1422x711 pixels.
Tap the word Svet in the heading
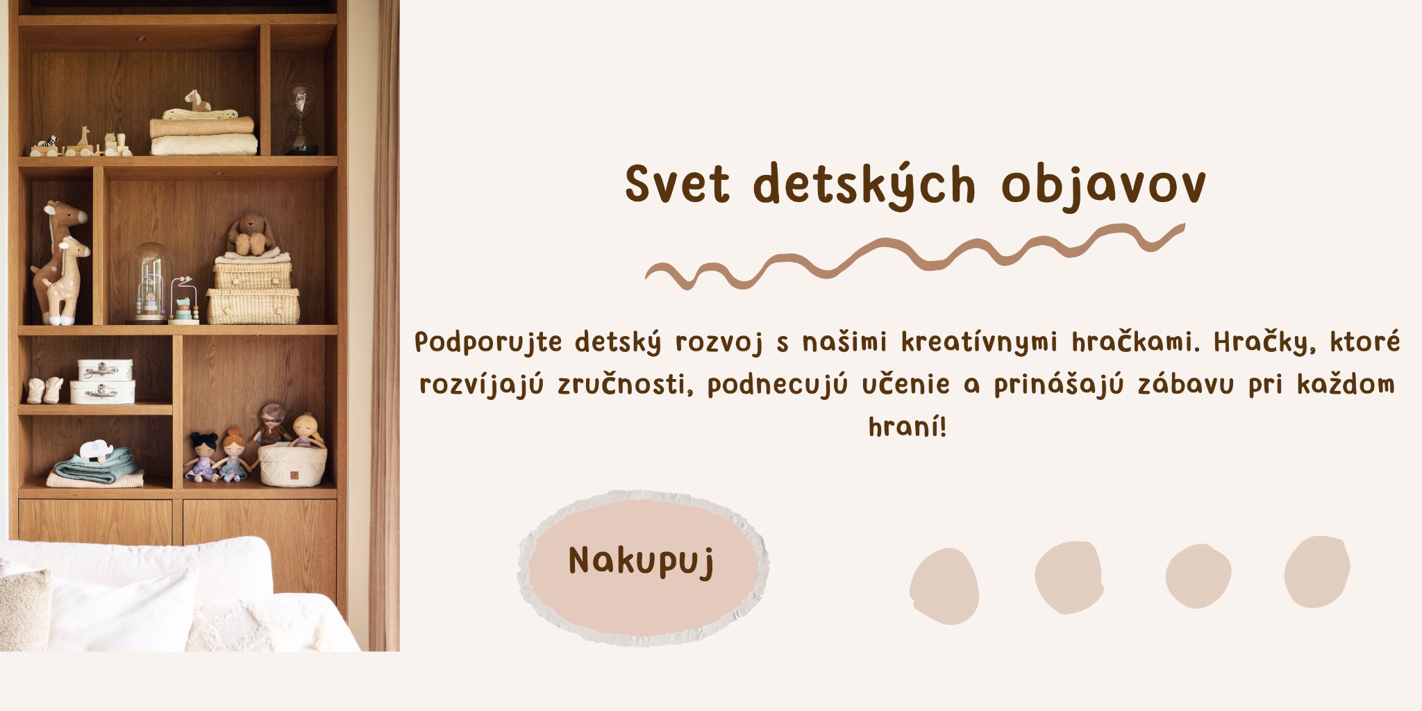[677, 185]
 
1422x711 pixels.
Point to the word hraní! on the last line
[907, 426]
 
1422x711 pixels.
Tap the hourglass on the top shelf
[301, 118]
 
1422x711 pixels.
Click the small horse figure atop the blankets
[197, 101]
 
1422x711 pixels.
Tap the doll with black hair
[203, 455]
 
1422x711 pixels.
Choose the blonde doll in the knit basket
[307, 431]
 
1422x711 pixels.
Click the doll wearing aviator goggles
[271, 424]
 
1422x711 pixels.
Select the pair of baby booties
[44, 390]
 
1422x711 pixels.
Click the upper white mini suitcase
[106, 369]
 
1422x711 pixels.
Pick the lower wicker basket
[253, 306]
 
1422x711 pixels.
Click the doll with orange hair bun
[233, 455]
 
